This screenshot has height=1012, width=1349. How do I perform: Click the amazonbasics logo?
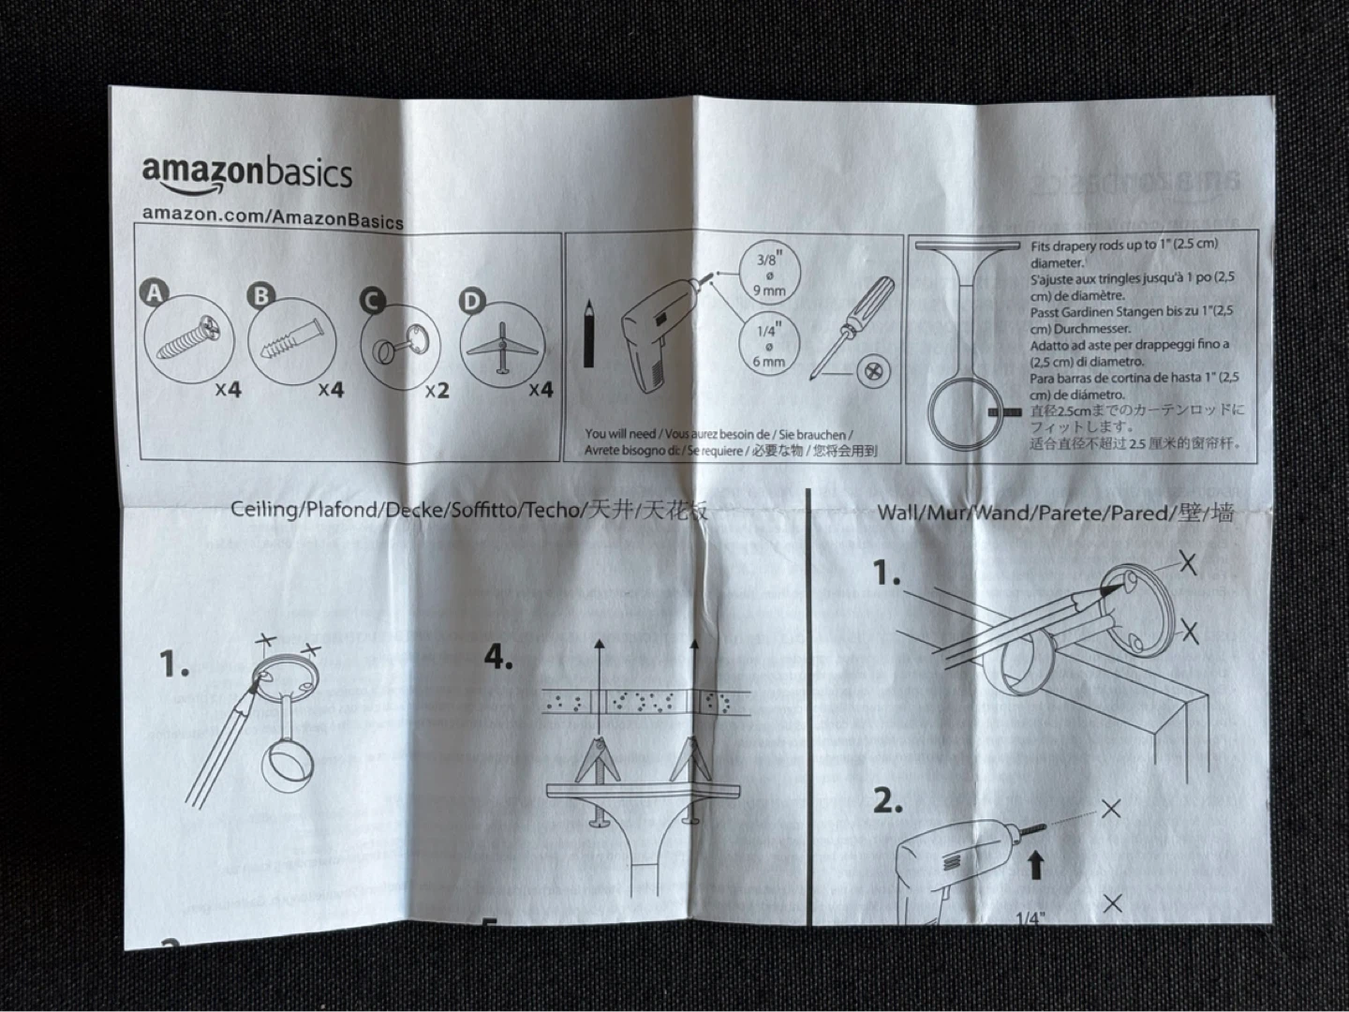(247, 174)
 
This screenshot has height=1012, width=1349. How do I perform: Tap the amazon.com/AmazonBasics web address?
(273, 216)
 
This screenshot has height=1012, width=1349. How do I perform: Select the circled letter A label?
(155, 293)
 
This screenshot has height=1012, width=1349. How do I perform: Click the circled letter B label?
(260, 296)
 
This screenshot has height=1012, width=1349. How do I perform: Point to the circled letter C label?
(372, 301)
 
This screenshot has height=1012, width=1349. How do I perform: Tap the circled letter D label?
(472, 301)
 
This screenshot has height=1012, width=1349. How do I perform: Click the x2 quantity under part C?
(437, 390)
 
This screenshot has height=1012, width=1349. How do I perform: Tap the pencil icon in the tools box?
(589, 333)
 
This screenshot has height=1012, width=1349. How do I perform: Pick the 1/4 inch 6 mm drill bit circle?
(768, 344)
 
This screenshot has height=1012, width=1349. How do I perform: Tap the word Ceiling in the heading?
(265, 510)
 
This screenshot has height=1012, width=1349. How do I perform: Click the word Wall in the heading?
(898, 513)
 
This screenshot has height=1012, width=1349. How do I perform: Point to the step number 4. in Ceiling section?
(498, 658)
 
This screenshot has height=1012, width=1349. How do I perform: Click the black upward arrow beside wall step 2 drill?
(1035, 864)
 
